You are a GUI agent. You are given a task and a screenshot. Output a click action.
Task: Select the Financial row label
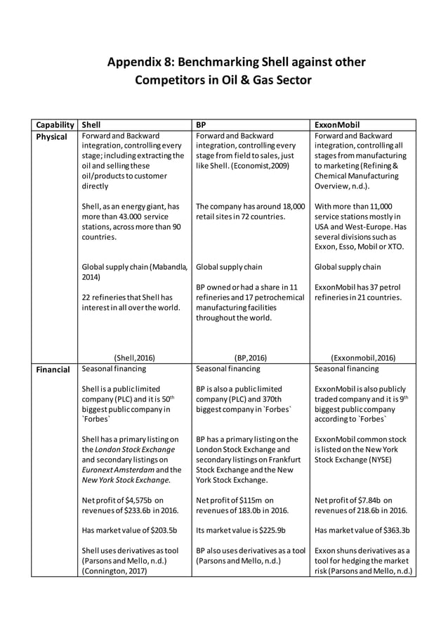tap(53, 369)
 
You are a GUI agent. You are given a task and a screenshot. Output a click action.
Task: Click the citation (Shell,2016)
tap(135, 357)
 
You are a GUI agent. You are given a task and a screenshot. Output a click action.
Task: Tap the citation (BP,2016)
tap(251, 357)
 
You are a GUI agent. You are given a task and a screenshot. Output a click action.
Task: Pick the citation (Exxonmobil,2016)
tap(364, 357)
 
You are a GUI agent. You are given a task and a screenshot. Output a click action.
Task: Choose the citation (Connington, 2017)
tap(115, 571)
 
